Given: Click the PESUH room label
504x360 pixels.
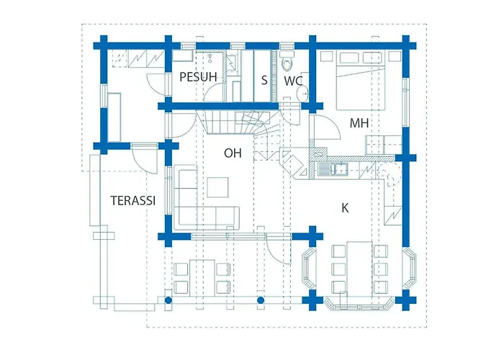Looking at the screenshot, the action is click(x=198, y=77).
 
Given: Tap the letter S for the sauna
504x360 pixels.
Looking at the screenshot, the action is click(x=264, y=80).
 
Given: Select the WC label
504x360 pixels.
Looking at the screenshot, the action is click(x=293, y=81).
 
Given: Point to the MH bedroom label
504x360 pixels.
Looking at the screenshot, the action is click(x=359, y=123).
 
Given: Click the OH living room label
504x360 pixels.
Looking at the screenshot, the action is click(x=233, y=153).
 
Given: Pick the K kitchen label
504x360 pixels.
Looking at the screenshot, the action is click(x=345, y=208).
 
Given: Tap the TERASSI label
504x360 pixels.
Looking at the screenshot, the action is click(x=133, y=200).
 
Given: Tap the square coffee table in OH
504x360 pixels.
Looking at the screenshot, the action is click(x=217, y=187).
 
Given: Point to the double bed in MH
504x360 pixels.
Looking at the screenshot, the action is click(x=360, y=81).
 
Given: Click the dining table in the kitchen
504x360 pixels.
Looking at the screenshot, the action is click(x=359, y=267).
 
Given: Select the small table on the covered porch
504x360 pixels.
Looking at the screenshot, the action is click(x=202, y=278).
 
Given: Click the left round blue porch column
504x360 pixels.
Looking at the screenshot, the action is click(x=168, y=300).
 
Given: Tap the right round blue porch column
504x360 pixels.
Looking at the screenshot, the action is click(x=261, y=300).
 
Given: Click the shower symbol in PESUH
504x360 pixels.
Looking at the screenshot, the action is click(x=210, y=57).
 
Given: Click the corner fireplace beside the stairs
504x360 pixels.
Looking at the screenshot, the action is click(x=293, y=163).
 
